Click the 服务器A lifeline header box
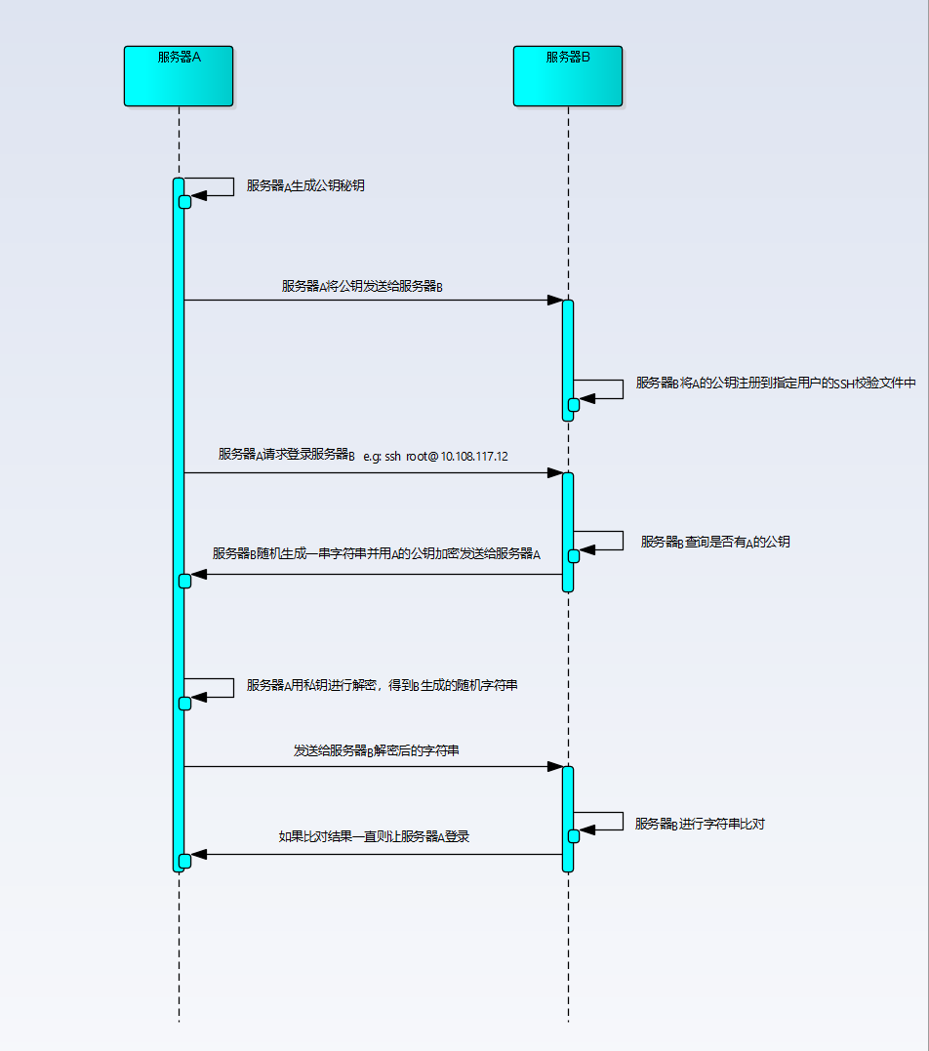point(179,75)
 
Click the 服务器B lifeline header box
point(568,75)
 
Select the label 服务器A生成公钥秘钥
point(305,185)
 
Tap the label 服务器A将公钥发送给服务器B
point(362,286)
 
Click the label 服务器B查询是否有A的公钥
point(715,542)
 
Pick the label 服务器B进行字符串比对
point(700,824)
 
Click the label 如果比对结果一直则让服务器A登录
point(375,836)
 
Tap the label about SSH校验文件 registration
point(776,384)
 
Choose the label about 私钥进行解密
point(382,686)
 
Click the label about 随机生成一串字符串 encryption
point(376,553)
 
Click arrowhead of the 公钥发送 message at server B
point(554,301)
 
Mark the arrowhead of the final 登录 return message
point(199,855)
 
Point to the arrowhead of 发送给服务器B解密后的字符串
point(554,767)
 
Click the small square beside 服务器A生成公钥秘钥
point(184,202)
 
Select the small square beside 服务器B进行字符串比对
point(574,836)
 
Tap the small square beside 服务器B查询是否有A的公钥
point(574,556)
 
